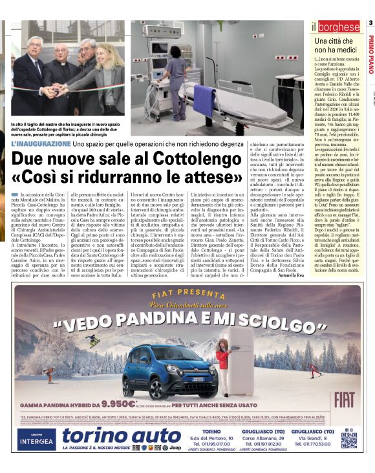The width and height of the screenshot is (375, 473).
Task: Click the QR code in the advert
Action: tap(348, 440)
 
